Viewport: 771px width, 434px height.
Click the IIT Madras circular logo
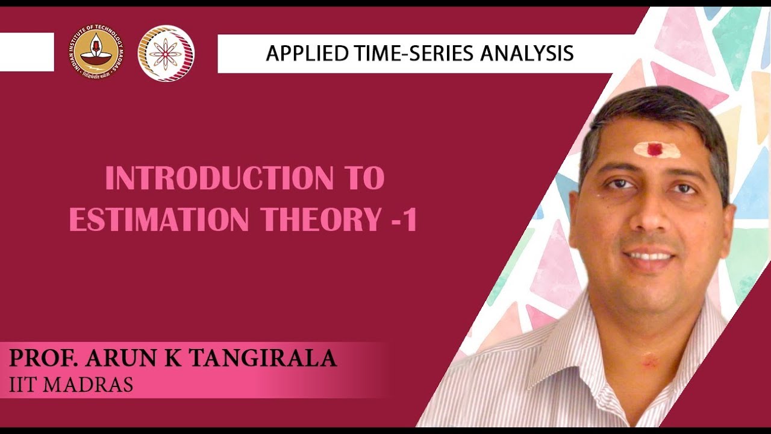[96, 53]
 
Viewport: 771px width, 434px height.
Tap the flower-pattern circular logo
[166, 53]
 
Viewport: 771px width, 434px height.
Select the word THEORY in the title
[317, 221]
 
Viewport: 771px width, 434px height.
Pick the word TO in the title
[364, 179]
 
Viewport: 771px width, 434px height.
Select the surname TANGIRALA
[263, 359]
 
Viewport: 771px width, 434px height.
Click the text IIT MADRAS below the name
[71, 385]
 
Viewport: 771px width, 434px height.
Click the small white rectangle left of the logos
[27, 52]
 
